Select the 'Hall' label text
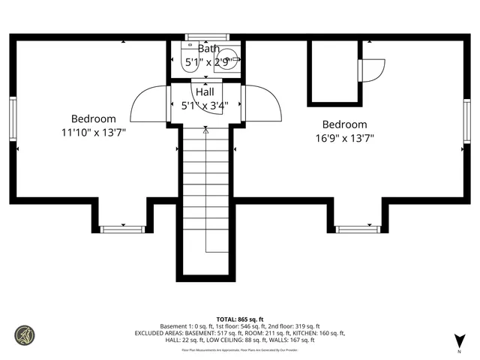click(x=204, y=91)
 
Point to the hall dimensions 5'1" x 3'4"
click(x=204, y=106)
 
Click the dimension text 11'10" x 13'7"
click(x=94, y=133)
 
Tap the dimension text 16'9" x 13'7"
click(x=344, y=138)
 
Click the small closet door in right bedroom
click(x=371, y=70)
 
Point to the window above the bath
click(x=206, y=37)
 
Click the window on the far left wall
click(x=13, y=121)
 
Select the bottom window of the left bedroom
click(x=121, y=229)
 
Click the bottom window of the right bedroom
click(x=358, y=229)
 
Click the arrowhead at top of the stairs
click(x=205, y=130)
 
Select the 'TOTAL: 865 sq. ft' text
click(x=240, y=319)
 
